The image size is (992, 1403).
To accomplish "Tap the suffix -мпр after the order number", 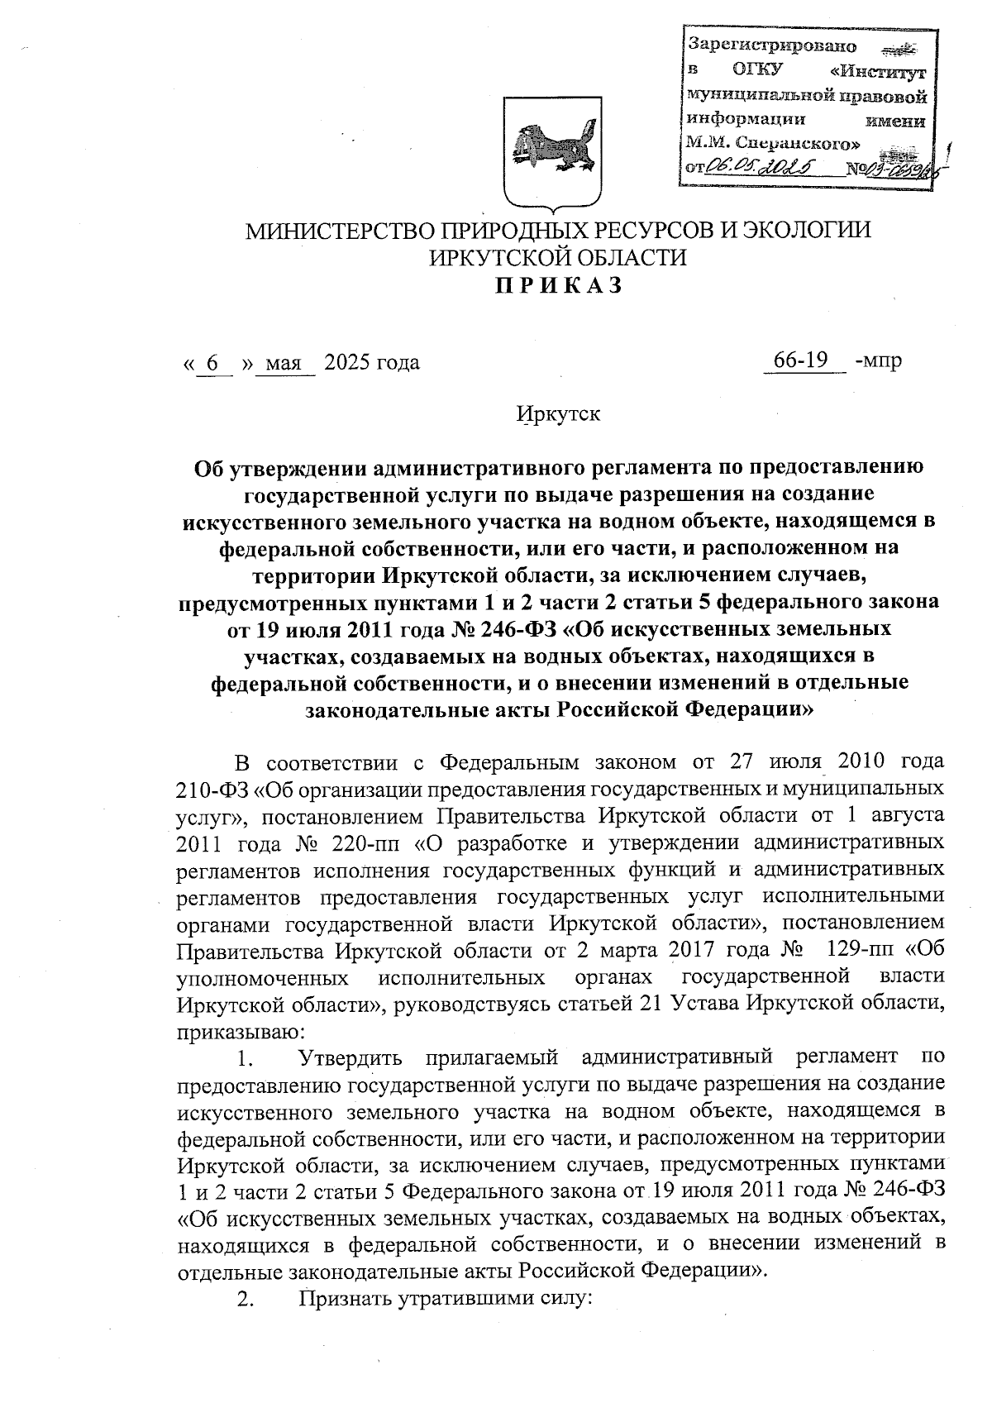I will click(x=879, y=362).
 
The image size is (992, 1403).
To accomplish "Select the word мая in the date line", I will click(x=285, y=362).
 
